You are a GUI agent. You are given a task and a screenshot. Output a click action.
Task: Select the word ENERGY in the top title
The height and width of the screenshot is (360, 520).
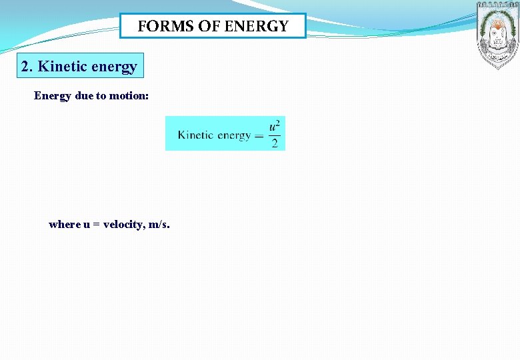[x=257, y=27]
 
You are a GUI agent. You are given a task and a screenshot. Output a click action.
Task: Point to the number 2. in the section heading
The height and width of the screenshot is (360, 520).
[x=27, y=67]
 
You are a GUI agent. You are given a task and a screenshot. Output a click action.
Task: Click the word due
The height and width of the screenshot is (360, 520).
[x=84, y=95]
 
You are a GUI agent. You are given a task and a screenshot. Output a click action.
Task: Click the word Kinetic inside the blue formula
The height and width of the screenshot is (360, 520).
[x=195, y=135]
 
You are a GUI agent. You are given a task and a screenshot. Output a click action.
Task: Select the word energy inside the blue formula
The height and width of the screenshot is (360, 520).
[x=234, y=135]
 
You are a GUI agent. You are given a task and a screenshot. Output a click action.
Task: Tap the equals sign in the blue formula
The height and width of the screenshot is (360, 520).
[x=259, y=135]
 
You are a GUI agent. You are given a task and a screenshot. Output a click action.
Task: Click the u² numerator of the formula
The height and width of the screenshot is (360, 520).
[x=275, y=126]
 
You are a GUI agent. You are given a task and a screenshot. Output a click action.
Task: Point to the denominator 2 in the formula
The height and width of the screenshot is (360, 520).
[x=275, y=143]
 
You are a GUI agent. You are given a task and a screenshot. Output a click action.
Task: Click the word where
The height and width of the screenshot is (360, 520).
[x=65, y=225]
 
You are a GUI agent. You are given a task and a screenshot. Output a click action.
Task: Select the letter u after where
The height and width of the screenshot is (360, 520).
[x=87, y=225]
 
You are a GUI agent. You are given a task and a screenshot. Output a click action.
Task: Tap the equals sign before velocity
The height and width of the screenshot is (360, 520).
[x=97, y=225]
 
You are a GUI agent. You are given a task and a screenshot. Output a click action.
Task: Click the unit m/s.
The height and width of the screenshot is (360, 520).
[x=159, y=225]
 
